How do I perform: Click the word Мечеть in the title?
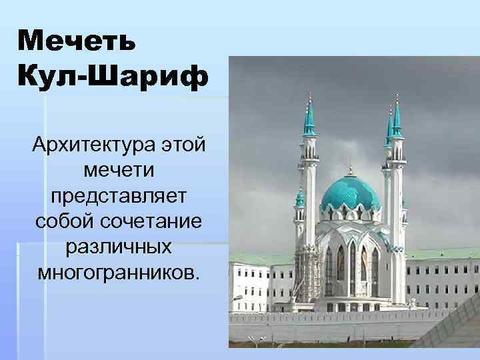pyautogui.click(x=77, y=41)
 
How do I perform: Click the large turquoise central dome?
pyautogui.click(x=350, y=193)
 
